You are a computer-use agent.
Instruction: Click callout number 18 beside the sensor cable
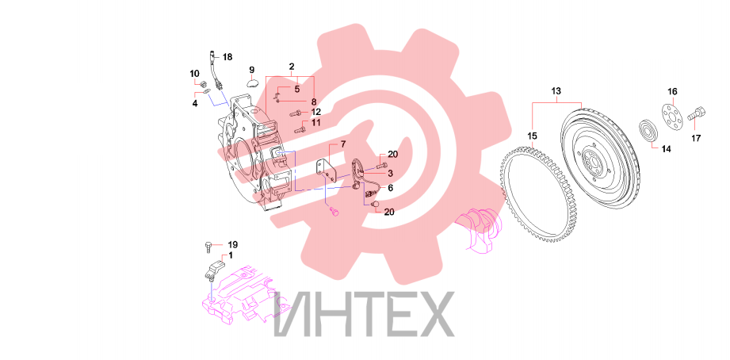(x=227, y=57)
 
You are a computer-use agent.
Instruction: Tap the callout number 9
(x=252, y=70)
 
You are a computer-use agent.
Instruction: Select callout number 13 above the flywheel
(x=556, y=91)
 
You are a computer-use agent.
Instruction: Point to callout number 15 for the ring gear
(x=532, y=136)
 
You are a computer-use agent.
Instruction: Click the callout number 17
(x=696, y=138)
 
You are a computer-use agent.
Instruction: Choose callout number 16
(x=673, y=91)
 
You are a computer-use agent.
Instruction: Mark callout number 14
(x=667, y=150)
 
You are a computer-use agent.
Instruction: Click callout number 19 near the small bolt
(x=232, y=244)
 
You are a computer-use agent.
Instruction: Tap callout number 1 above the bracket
(x=231, y=255)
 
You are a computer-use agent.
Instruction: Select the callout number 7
(x=343, y=144)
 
